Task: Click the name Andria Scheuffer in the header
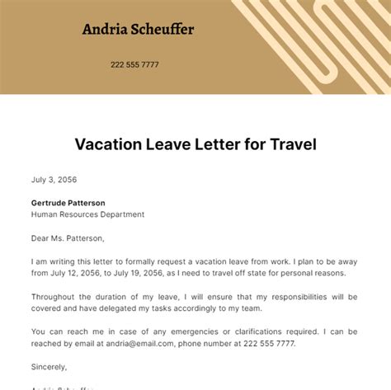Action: pos(139,30)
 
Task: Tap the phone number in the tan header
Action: pos(134,64)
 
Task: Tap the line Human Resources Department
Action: pos(87,214)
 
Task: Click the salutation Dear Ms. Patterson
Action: pos(68,238)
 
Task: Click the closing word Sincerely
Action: pos(49,366)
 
